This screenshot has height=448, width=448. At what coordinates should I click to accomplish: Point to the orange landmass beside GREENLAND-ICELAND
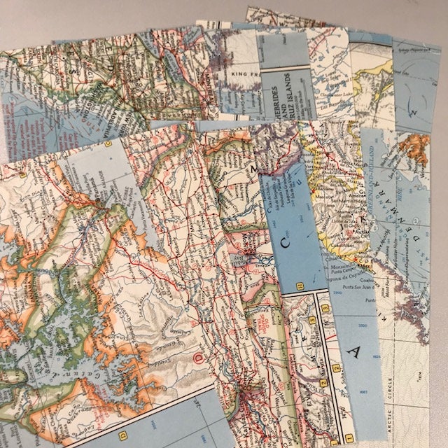pos(417,146)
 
